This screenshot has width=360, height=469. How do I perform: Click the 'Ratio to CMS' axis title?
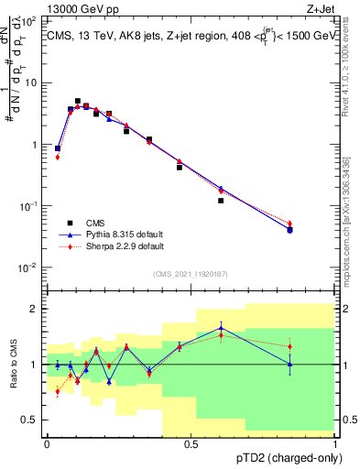coord(13,365)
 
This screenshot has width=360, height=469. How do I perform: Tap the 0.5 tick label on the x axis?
coord(191,443)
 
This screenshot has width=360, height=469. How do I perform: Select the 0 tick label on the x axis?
coord(47,443)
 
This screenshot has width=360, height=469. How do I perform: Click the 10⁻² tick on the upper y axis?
coord(33,268)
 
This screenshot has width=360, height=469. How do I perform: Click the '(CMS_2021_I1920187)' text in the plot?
coord(190,274)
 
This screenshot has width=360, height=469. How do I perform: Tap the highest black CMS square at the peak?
coord(78,101)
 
